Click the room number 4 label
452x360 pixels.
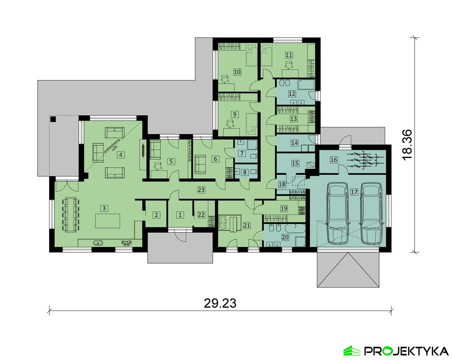click(121, 155)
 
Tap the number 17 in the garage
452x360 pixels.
click(354, 192)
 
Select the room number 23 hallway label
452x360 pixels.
click(201, 190)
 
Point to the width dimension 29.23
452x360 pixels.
click(220, 303)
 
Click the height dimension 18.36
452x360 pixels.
click(407, 145)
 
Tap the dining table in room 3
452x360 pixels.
click(71, 215)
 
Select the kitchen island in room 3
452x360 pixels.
click(108, 221)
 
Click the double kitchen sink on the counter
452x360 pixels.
click(98, 243)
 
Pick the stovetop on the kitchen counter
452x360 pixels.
click(127, 243)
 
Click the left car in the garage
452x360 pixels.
click(337, 213)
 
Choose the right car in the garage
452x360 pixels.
click(371, 213)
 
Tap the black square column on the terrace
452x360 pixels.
click(53, 119)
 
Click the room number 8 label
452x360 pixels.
click(245, 172)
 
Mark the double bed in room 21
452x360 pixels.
click(230, 223)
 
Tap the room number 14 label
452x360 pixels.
click(294, 143)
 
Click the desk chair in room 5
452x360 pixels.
click(158, 166)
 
